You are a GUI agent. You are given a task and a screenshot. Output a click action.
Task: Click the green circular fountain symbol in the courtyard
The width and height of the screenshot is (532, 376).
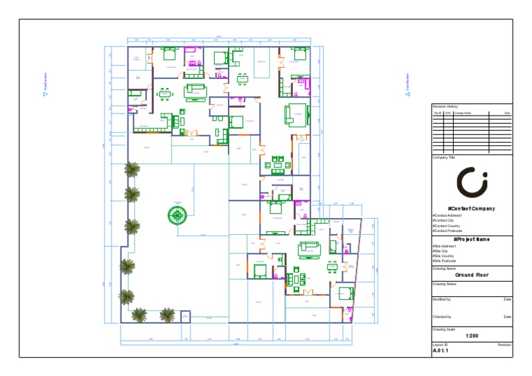click(177, 216)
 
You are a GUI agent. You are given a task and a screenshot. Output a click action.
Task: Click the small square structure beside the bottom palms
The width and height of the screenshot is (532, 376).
click(185, 316)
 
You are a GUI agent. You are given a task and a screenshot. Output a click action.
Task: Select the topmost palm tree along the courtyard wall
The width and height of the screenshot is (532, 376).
click(131, 168)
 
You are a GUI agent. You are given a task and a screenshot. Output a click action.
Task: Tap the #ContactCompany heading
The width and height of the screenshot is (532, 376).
click(472, 208)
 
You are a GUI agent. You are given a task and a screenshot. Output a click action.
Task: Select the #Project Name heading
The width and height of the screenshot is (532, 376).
click(472, 239)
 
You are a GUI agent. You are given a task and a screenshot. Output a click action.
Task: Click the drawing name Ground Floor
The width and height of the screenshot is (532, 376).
click(472, 275)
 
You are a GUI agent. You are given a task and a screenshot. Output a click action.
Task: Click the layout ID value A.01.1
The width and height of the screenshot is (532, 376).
click(441, 350)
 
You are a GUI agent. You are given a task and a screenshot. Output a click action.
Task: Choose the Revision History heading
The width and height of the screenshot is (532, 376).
click(445, 105)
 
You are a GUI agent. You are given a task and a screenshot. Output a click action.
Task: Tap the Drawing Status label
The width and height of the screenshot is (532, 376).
click(445, 284)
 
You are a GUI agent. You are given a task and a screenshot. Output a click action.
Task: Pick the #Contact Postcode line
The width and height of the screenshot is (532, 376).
click(447, 231)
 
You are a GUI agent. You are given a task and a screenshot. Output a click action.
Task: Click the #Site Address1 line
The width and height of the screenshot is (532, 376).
click(445, 246)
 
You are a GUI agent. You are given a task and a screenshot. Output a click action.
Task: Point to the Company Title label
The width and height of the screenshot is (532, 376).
click(444, 157)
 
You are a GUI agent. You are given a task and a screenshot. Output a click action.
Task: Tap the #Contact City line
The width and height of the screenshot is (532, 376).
click(444, 220)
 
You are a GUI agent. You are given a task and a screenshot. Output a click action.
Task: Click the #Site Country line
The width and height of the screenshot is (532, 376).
click(444, 256)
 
